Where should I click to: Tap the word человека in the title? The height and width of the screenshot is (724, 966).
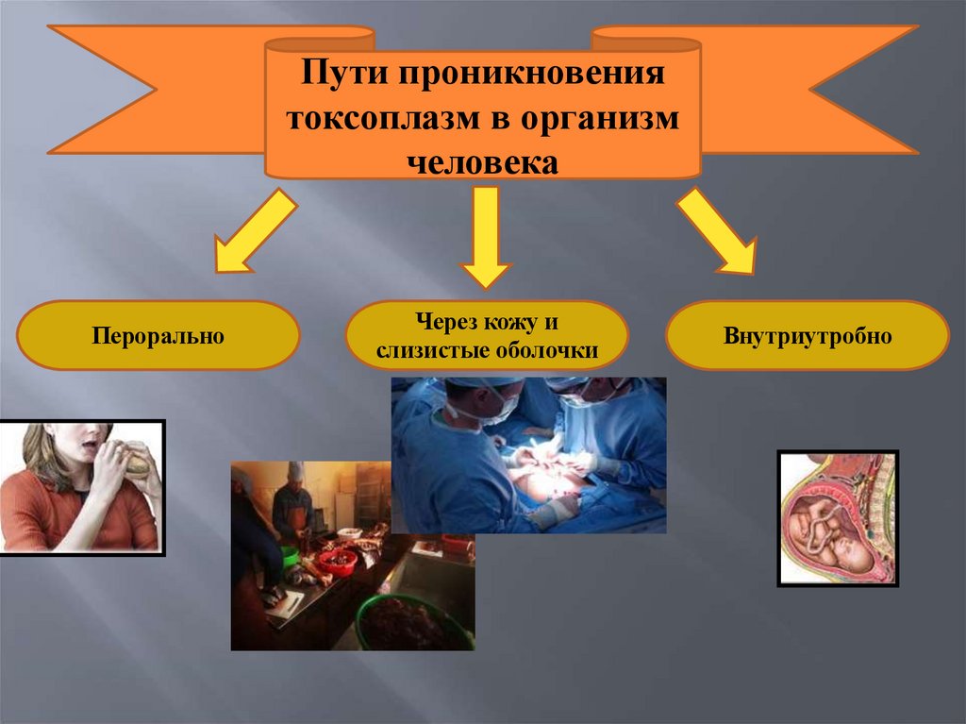(x=483, y=162)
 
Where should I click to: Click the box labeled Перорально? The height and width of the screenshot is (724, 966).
(x=158, y=335)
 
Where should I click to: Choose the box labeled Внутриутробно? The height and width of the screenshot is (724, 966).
(x=808, y=335)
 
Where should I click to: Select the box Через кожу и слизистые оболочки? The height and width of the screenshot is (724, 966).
(x=486, y=335)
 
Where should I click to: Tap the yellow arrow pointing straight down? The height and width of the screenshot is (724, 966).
(x=486, y=236)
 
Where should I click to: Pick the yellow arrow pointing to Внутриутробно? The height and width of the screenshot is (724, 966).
(x=718, y=230)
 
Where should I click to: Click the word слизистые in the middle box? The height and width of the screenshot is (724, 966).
(x=428, y=351)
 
